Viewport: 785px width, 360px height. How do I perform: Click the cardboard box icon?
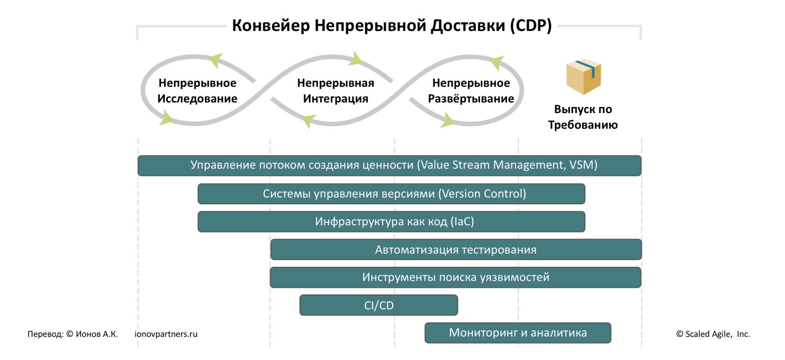pyautogui.click(x=583, y=77)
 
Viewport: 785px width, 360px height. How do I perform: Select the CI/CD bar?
pyautogui.click(x=378, y=305)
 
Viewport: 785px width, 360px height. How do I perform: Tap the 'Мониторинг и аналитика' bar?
pyautogui.click(x=517, y=333)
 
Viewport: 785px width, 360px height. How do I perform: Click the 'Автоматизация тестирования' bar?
pyautogui.click(x=455, y=250)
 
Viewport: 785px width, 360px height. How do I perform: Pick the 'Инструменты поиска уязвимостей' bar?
pyautogui.click(x=455, y=278)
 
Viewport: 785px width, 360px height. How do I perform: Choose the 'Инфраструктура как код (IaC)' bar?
pyautogui.click(x=391, y=222)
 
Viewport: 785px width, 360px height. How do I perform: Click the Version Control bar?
pyautogui.click(x=391, y=194)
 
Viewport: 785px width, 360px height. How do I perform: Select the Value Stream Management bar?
pyautogui.click(x=389, y=165)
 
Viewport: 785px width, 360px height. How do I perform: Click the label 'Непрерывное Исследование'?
pyautogui.click(x=197, y=91)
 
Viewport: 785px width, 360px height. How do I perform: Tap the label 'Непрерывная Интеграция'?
pyautogui.click(x=336, y=91)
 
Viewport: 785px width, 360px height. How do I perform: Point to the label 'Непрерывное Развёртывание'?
pyautogui.click(x=471, y=91)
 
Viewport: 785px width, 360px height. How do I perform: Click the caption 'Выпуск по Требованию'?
pyautogui.click(x=583, y=117)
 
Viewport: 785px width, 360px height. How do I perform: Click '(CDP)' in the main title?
pyautogui.click(x=531, y=26)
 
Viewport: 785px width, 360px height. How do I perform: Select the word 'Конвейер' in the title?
pyautogui.click(x=271, y=26)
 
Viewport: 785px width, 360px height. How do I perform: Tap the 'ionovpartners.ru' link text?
pyautogui.click(x=166, y=334)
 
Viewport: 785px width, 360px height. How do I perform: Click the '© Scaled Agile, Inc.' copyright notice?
pyautogui.click(x=713, y=334)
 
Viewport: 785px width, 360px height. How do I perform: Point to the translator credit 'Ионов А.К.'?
pyautogui.click(x=97, y=334)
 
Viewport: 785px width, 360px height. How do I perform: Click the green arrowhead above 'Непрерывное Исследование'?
pyautogui.click(x=216, y=60)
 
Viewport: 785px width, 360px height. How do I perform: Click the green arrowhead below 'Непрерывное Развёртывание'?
pyautogui.click(x=447, y=120)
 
